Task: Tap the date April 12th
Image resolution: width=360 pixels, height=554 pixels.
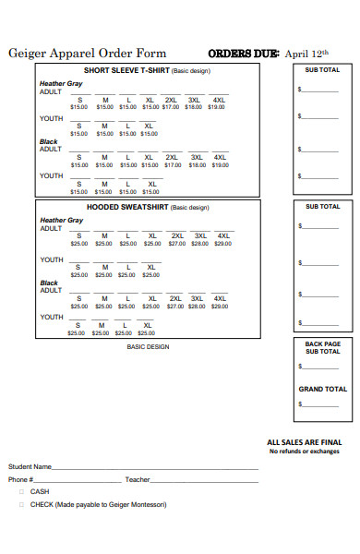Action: [x=307, y=54]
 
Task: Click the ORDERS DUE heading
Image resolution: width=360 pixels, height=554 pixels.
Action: [x=244, y=54]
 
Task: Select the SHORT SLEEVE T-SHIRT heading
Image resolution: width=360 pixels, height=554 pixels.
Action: [x=127, y=70]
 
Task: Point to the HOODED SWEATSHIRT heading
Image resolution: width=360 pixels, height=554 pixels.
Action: [x=128, y=208]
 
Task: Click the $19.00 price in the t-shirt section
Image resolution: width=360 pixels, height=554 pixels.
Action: [x=217, y=107]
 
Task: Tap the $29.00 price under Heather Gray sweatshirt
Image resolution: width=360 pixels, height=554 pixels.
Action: [x=223, y=244]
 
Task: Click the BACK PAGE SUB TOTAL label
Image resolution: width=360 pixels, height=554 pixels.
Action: [x=323, y=347]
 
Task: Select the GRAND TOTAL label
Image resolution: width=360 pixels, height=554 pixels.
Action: [x=323, y=389]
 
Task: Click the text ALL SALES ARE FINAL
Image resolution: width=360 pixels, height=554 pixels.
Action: [x=305, y=442]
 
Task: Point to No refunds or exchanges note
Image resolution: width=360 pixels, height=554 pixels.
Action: [x=305, y=452]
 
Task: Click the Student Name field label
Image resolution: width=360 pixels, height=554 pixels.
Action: [x=30, y=467]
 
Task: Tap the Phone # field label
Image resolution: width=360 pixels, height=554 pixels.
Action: [x=21, y=480]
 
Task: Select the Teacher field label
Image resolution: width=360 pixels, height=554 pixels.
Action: [x=138, y=480]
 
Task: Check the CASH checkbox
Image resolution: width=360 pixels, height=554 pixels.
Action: [x=21, y=492]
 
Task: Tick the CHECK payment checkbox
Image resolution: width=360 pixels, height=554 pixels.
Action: [x=21, y=505]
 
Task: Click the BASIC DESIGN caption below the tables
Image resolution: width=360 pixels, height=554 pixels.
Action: [x=148, y=347]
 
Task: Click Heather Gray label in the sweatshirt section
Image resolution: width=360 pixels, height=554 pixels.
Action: [x=61, y=221]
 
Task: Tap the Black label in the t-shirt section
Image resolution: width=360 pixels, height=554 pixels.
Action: [x=48, y=142]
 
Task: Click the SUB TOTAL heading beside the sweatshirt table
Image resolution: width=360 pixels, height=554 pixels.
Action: [x=323, y=207]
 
